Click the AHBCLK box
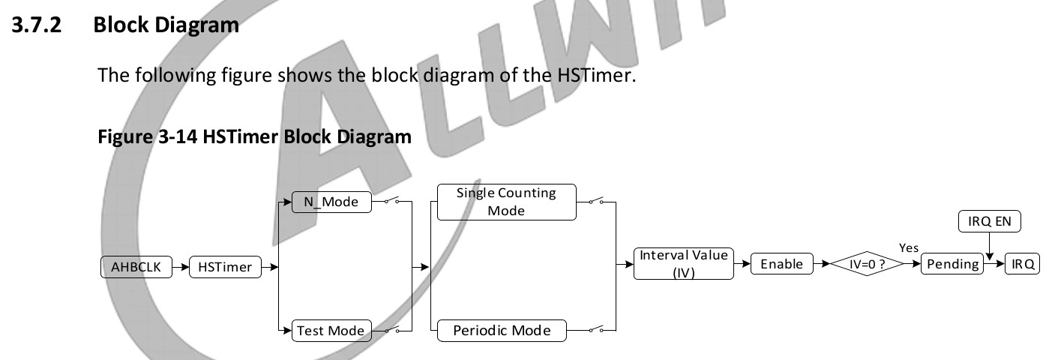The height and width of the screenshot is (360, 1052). [x=136, y=266]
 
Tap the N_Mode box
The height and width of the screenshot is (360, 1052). [x=331, y=202]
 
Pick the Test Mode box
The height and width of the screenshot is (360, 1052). [x=331, y=330]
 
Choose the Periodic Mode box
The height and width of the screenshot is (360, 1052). [x=501, y=330]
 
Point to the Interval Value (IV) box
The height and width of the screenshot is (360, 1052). [x=683, y=264]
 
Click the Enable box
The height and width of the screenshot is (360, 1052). [x=781, y=264]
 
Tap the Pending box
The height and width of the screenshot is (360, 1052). [x=952, y=264]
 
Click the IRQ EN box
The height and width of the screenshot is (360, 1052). [x=990, y=221]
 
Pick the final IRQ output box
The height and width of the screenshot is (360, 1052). [x=1023, y=264]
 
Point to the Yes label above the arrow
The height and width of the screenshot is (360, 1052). [x=908, y=248]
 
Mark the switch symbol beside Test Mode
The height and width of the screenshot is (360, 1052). [x=394, y=330]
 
